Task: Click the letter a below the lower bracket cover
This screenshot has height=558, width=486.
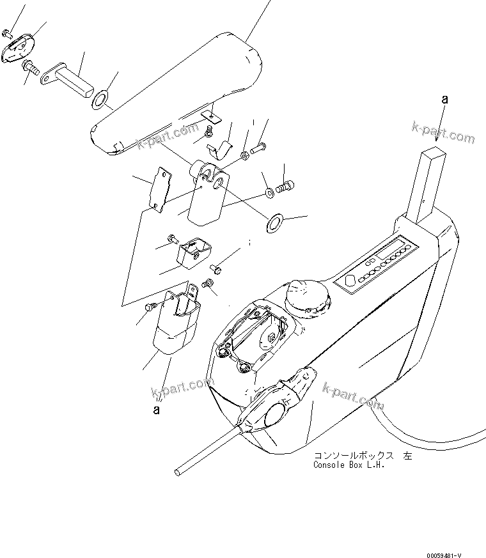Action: point(156,410)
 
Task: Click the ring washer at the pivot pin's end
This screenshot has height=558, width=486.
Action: point(100,99)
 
